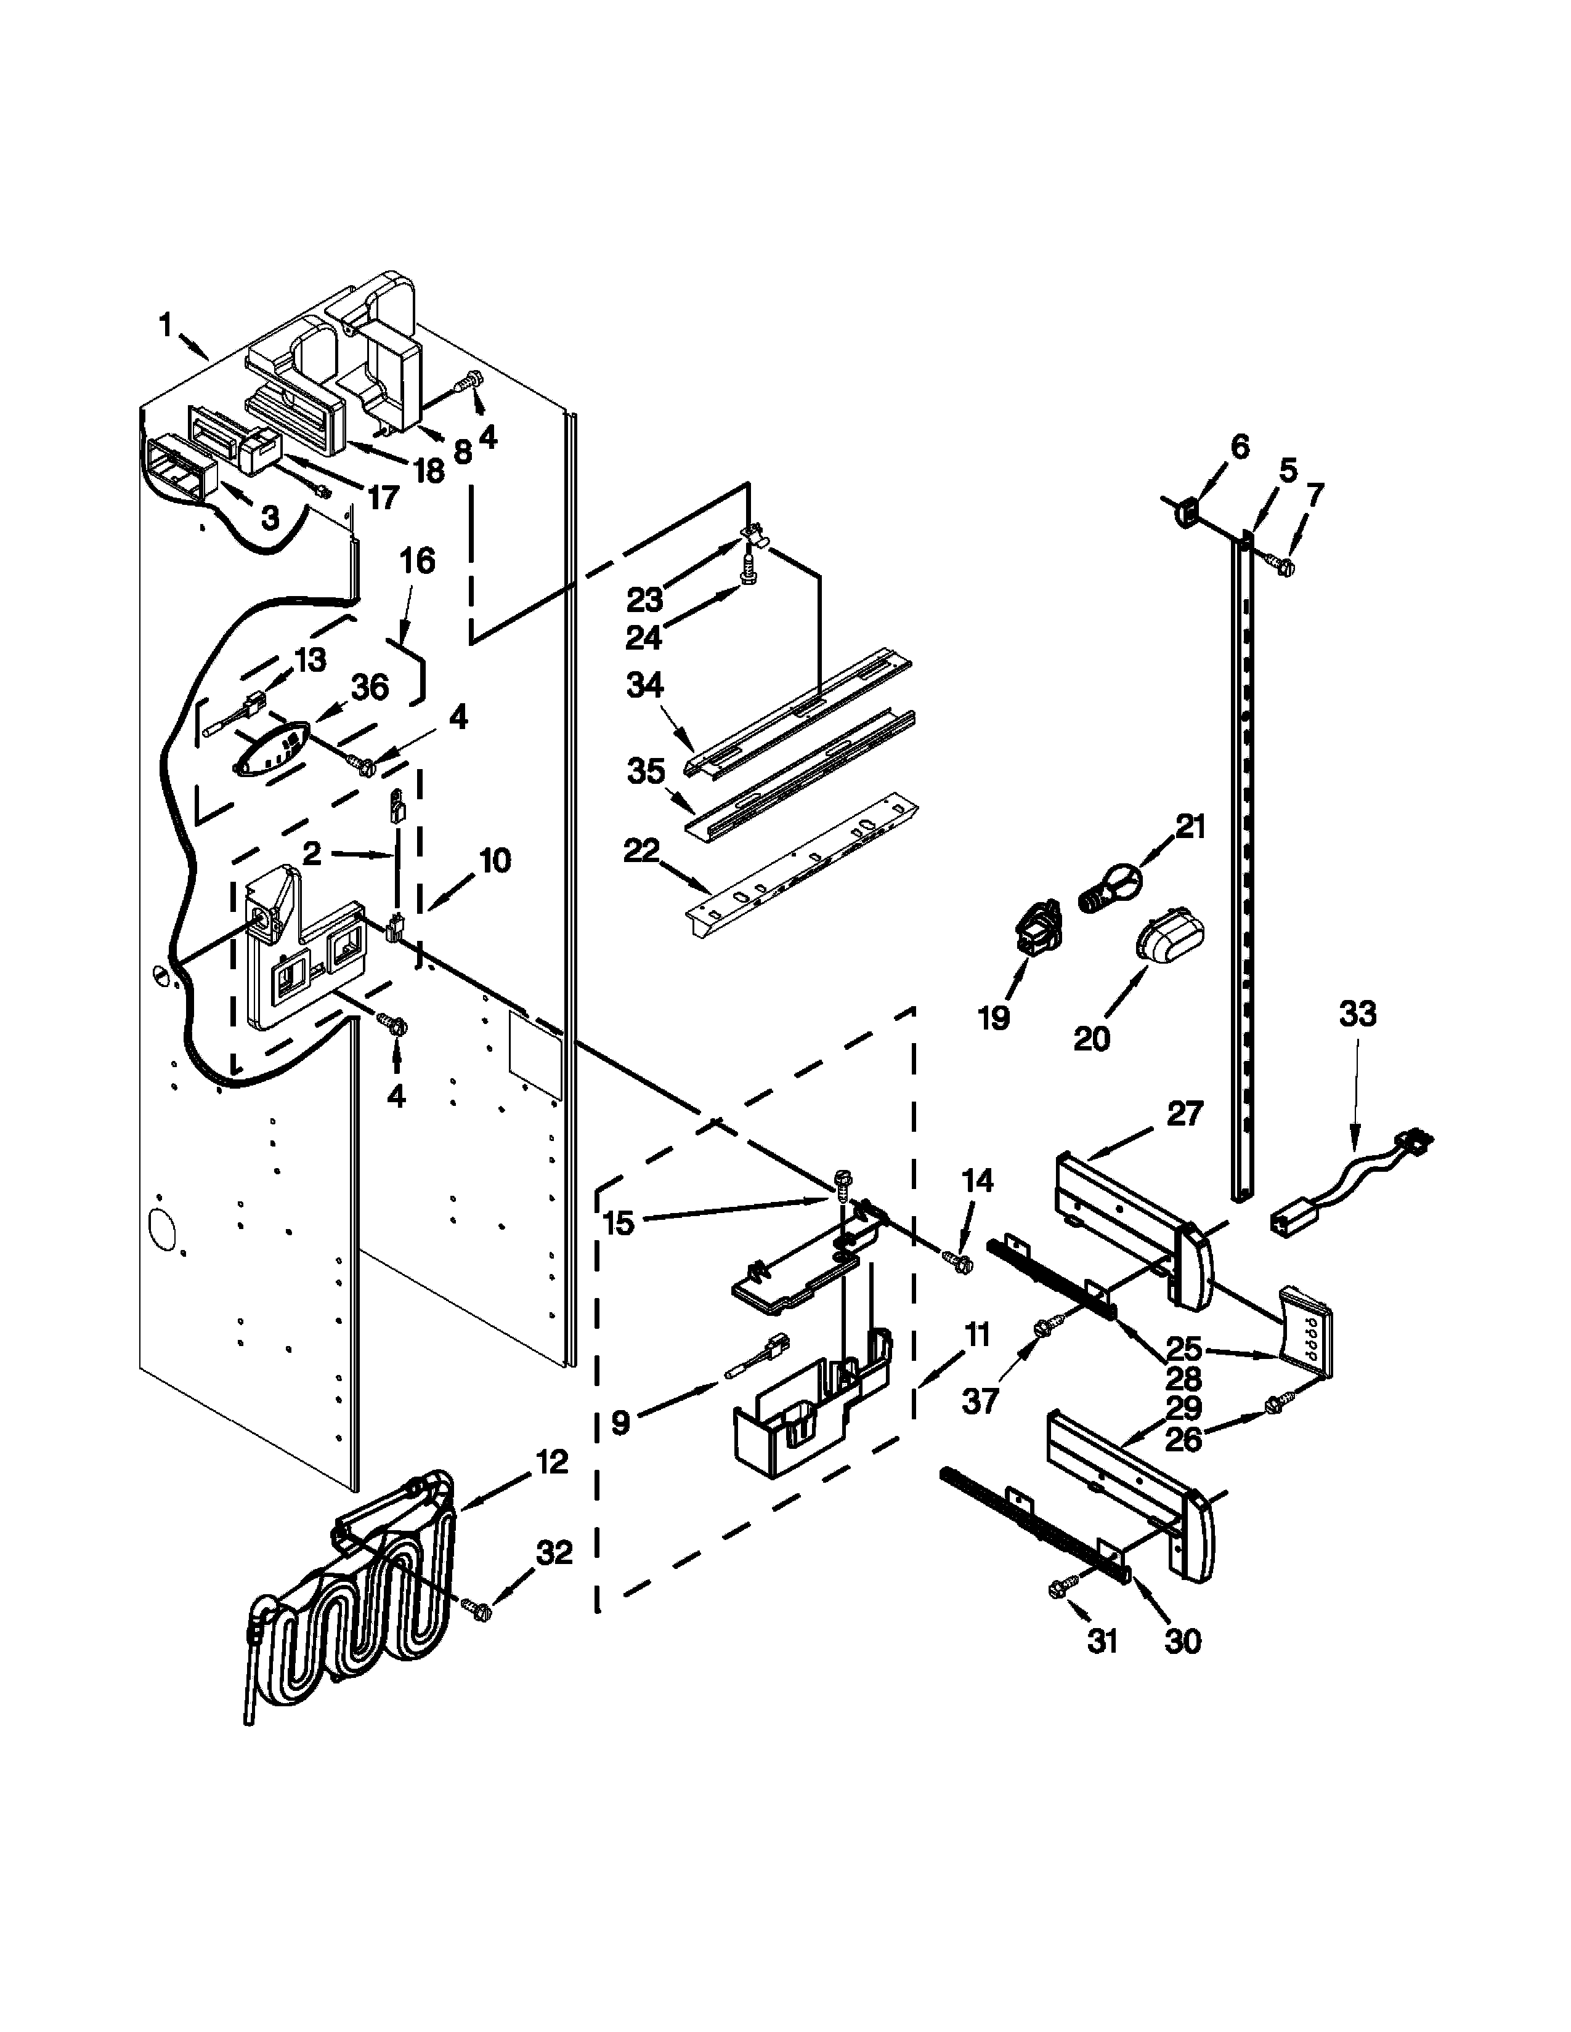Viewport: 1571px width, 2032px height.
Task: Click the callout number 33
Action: tap(1357, 1013)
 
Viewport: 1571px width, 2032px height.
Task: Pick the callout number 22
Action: tap(642, 850)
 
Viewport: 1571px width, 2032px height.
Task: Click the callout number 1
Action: tap(166, 326)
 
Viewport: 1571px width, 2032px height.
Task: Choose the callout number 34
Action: tap(645, 686)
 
